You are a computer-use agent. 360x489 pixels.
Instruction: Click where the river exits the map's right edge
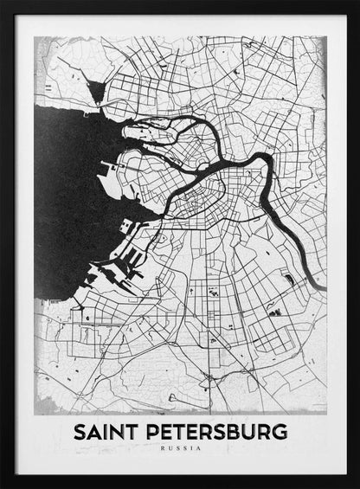322,286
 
